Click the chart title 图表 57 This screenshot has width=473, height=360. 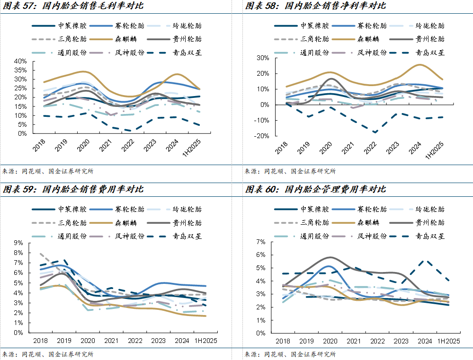(x=73, y=6)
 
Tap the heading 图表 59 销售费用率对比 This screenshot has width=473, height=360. (x=73, y=189)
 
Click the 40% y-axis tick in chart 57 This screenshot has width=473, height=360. (x=20, y=61)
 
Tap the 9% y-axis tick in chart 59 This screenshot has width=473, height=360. (x=19, y=243)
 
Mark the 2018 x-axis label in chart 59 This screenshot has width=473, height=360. (x=40, y=341)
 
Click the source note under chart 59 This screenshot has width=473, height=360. (x=47, y=354)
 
